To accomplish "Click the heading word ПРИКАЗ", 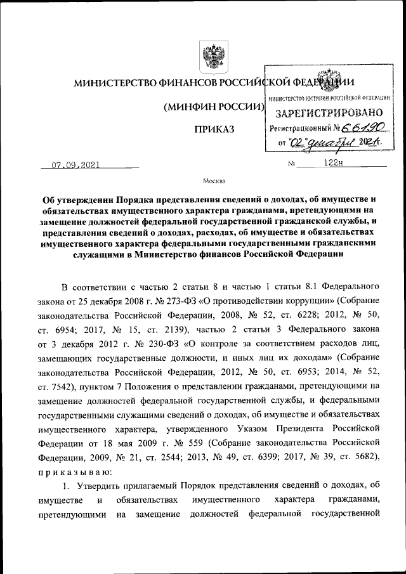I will click(x=214, y=130).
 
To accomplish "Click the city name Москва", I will click(x=214, y=181).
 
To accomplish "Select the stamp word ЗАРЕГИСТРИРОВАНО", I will click(x=327, y=114).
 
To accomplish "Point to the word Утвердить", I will click(x=102, y=485).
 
